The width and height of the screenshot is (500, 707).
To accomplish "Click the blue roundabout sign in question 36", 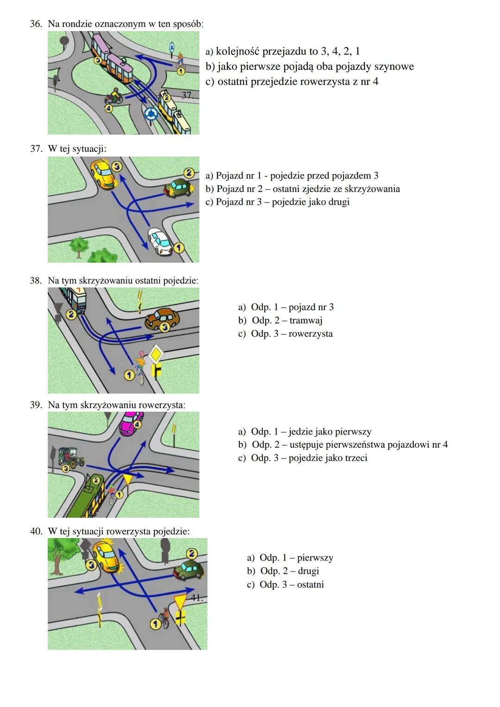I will (x=150, y=114).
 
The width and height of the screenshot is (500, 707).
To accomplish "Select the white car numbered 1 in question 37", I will (x=159, y=241).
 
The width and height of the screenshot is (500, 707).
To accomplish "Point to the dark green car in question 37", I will (x=178, y=187).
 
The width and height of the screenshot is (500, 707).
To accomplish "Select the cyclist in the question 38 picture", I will (x=140, y=366).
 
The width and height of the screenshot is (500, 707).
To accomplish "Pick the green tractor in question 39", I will (x=70, y=457).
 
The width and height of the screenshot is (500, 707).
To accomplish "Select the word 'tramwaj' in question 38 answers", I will (x=306, y=320).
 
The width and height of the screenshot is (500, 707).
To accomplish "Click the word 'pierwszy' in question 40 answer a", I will (x=315, y=558).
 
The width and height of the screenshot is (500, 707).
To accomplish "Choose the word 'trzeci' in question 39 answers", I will (x=354, y=458).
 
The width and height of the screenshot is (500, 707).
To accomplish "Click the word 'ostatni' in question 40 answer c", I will (x=310, y=584).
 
